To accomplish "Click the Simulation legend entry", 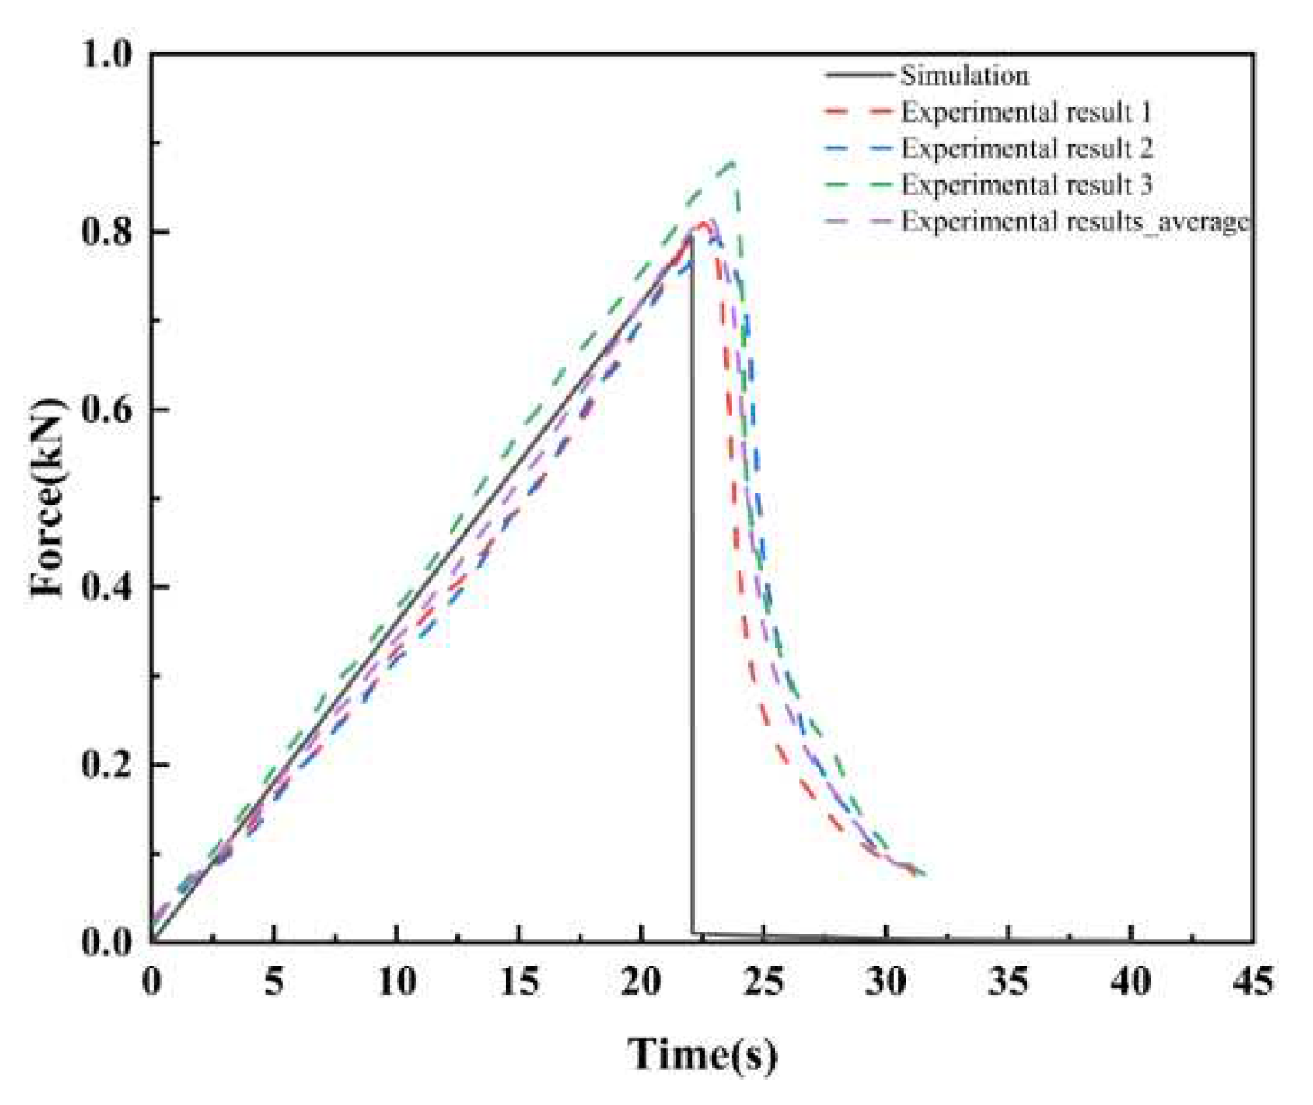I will click(964, 76).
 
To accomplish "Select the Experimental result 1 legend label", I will click(1025, 112).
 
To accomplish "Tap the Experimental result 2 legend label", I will click(1026, 148).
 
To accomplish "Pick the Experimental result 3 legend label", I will click(1026, 185).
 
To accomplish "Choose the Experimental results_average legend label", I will click(1074, 221).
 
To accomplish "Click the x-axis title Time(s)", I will click(702, 1054).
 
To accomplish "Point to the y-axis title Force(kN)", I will click(49, 497).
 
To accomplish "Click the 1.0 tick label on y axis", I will click(106, 54).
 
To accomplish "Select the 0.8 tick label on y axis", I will click(106, 232).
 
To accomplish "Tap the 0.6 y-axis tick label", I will click(106, 409).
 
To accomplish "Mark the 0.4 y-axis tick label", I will click(106, 587).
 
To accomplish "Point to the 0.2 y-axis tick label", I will click(106, 765).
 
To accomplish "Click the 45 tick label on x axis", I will click(1253, 982).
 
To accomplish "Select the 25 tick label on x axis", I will click(763, 982).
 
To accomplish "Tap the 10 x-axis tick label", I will click(396, 982).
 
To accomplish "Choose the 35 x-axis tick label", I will click(1008, 982).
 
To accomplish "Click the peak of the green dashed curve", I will click(732, 163).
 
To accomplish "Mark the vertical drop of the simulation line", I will click(692, 577).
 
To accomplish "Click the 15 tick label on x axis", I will click(518, 982).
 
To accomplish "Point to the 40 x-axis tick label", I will click(1131, 982).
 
